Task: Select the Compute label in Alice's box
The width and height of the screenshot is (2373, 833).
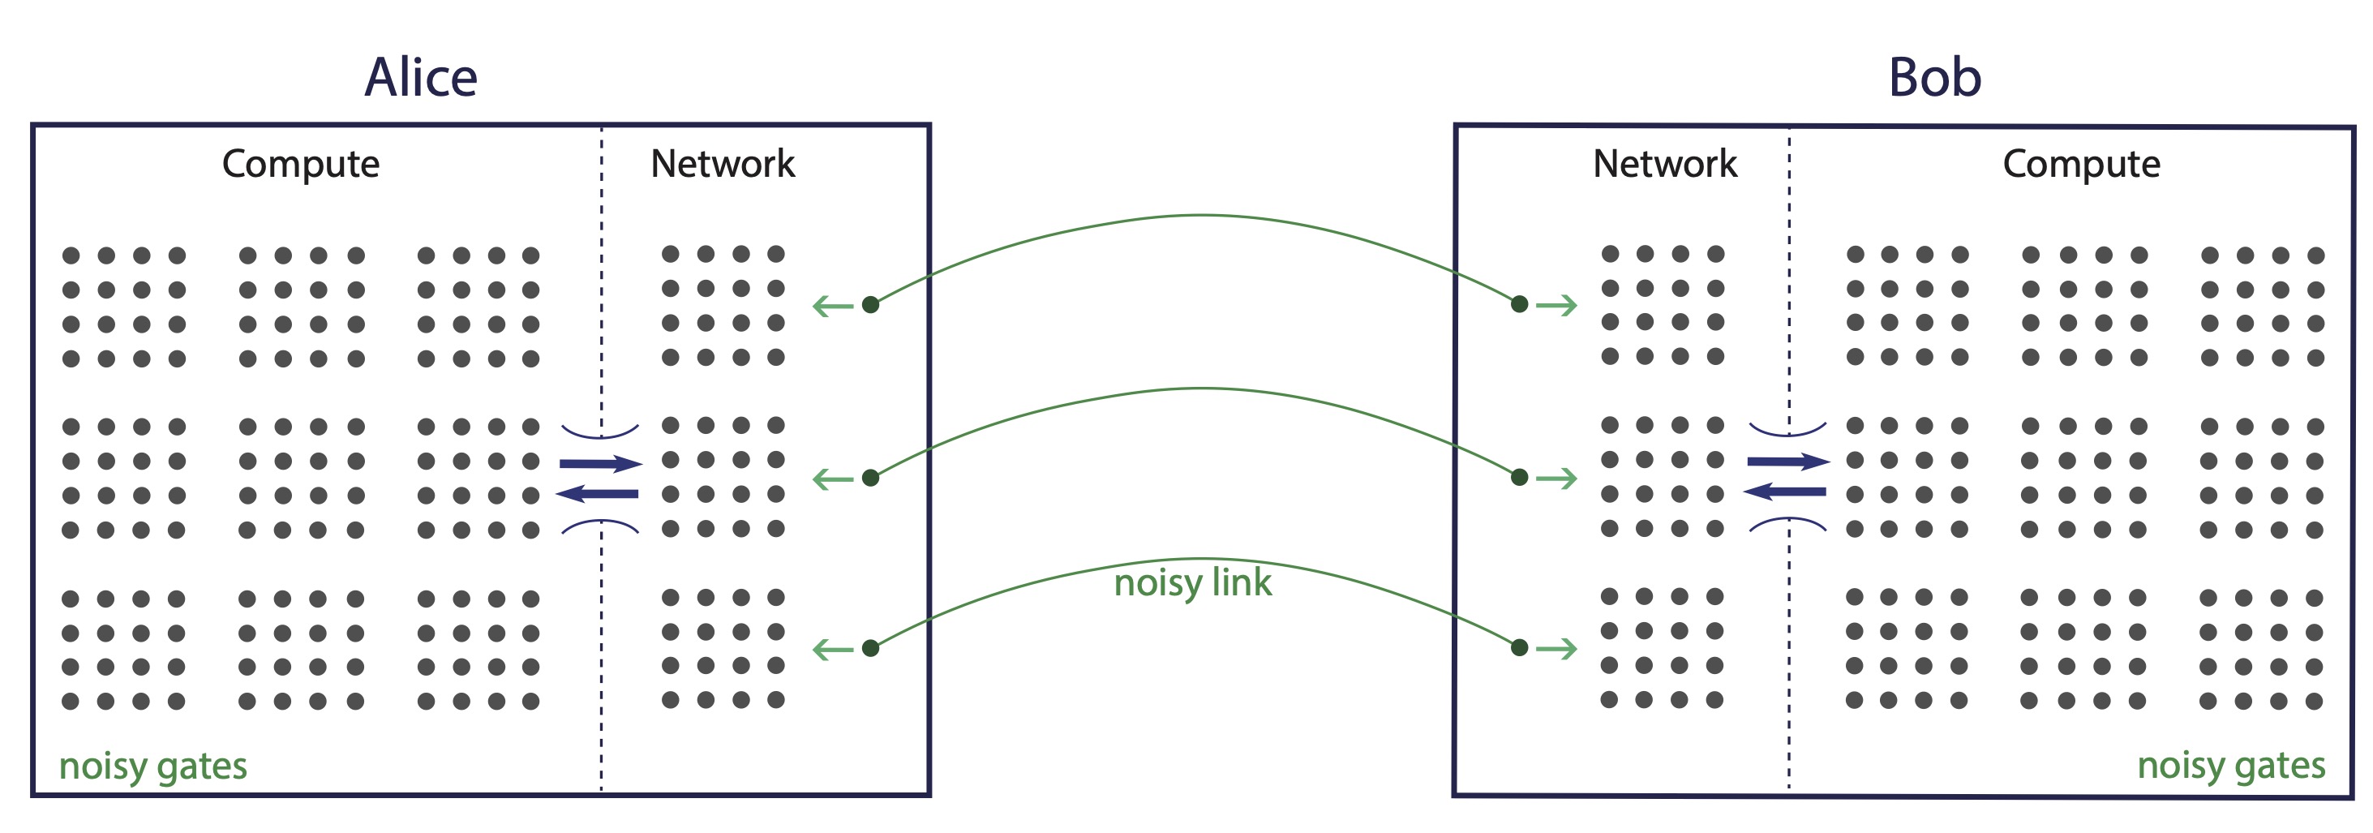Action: tap(300, 164)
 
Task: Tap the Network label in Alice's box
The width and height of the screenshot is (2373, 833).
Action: tap(723, 164)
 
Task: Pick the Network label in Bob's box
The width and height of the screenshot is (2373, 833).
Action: tap(1665, 164)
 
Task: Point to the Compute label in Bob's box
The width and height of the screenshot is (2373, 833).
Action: tap(2081, 164)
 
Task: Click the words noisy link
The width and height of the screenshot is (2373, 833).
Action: tap(1192, 582)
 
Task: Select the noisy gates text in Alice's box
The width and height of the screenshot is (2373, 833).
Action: tap(153, 766)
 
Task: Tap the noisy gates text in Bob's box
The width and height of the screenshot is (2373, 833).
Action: tap(2230, 765)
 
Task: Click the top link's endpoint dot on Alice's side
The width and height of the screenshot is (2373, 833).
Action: tap(870, 305)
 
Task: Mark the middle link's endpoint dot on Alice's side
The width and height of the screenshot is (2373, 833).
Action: tap(870, 477)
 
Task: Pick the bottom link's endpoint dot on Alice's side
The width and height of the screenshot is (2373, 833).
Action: tap(870, 649)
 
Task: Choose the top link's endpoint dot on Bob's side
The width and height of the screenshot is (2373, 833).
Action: tap(1520, 304)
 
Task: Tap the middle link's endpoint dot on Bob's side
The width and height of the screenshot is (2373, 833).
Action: tap(1520, 477)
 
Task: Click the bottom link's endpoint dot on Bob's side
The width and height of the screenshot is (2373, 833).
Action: tap(1520, 648)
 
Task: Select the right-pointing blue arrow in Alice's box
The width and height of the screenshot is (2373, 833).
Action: tap(601, 463)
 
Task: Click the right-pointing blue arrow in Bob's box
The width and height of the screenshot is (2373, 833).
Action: tap(1788, 462)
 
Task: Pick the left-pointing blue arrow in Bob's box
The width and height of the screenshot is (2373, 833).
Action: tap(1784, 492)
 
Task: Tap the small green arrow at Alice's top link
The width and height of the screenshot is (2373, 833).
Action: tap(833, 306)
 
